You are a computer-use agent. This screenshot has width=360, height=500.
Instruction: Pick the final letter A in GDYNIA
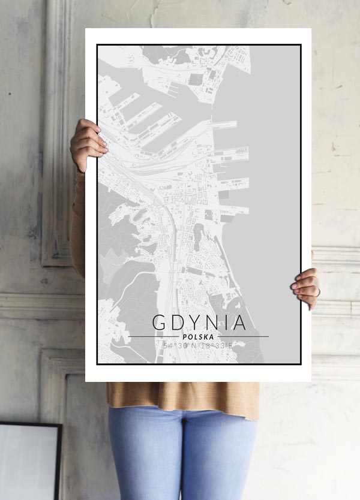pyautogui.click(x=239, y=323)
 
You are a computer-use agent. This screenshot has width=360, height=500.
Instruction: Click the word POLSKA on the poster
pyautogui.click(x=199, y=337)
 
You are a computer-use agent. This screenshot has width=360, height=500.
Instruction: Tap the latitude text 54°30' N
pyautogui.click(x=181, y=346)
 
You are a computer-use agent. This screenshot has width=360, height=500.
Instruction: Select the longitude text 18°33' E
pyautogui.click(x=217, y=346)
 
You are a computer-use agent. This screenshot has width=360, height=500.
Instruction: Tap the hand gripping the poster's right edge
pyautogui.click(x=307, y=286)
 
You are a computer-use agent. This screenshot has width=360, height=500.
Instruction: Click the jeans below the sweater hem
pyautogui.click(x=180, y=456)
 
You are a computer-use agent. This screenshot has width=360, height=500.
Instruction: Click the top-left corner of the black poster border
pyautogui.click(x=98, y=46)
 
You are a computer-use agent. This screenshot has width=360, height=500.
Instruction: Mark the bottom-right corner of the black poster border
pyautogui.click(x=300, y=363)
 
